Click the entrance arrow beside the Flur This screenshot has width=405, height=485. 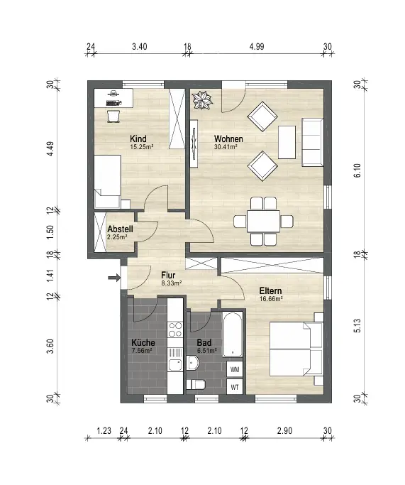pos(114,278)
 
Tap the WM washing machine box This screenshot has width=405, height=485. pos(235,369)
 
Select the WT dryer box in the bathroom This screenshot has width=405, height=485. pos(235,386)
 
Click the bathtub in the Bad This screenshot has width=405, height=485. pos(233,335)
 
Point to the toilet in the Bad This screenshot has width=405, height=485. pos(196,384)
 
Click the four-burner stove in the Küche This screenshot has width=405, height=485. pos(175,329)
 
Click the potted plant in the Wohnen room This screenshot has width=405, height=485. pos(202,100)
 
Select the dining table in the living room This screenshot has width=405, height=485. pos(264,221)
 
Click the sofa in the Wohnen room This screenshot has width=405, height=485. pos(313,141)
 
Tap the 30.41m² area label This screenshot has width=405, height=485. pos(226,147)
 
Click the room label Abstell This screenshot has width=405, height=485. pos(120,229)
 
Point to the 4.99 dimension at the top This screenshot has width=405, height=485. pos(257,47)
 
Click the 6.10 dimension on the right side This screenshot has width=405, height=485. pos(357,170)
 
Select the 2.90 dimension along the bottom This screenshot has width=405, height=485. pos(284,430)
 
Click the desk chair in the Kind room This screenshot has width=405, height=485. pos(113,116)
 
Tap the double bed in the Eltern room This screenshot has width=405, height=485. pos(296,349)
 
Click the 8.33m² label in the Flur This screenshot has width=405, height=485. pos(171,283)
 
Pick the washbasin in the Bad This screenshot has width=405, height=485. pos(193,363)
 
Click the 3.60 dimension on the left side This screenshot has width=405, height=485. pos(50,347)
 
